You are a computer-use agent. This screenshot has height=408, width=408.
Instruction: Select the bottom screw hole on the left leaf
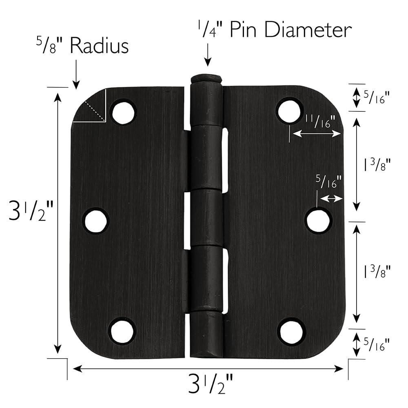point(122,330)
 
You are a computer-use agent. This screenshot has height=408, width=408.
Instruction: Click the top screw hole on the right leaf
point(289,110)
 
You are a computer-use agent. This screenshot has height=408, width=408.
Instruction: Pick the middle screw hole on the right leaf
point(319,220)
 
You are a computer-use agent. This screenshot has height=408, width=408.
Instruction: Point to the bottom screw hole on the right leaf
point(291,331)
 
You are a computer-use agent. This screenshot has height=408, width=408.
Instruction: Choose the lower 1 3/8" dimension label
point(377,271)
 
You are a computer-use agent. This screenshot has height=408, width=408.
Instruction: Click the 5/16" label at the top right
point(376,98)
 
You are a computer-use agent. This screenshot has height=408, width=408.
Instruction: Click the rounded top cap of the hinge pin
point(207,78)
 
